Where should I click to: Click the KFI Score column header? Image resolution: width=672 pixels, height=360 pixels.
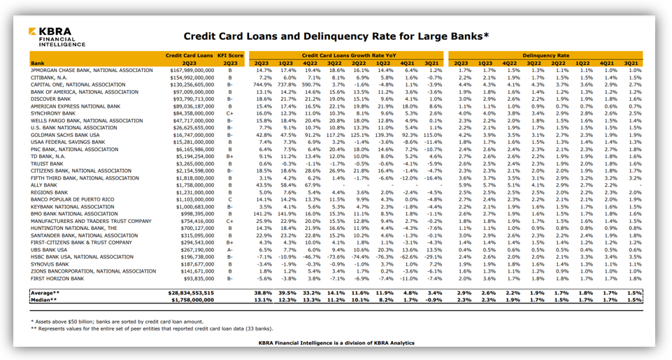click(230, 55)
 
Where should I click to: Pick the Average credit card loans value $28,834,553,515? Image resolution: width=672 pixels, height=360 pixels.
click(192, 292)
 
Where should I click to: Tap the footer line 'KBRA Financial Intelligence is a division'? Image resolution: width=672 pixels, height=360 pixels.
click(336, 343)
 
